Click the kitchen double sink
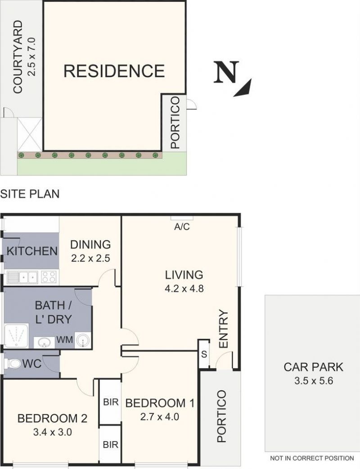pos(22,277)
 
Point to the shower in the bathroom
pos(16,336)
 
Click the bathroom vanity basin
pos(44,343)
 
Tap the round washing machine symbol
pos(82,340)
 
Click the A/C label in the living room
pos(182,227)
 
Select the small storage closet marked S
pos(204,354)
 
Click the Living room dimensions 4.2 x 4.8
pos(184,289)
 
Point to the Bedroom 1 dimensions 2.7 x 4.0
pos(160,417)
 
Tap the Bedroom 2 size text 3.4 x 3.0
pos(52,432)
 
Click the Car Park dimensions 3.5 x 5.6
pos(314,381)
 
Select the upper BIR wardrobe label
pos(111,402)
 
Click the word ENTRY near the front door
pos(224,329)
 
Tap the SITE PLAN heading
pos(30,194)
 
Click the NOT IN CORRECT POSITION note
pos(312,458)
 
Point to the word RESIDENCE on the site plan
pos(114,71)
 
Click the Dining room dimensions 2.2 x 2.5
pos(90,258)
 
